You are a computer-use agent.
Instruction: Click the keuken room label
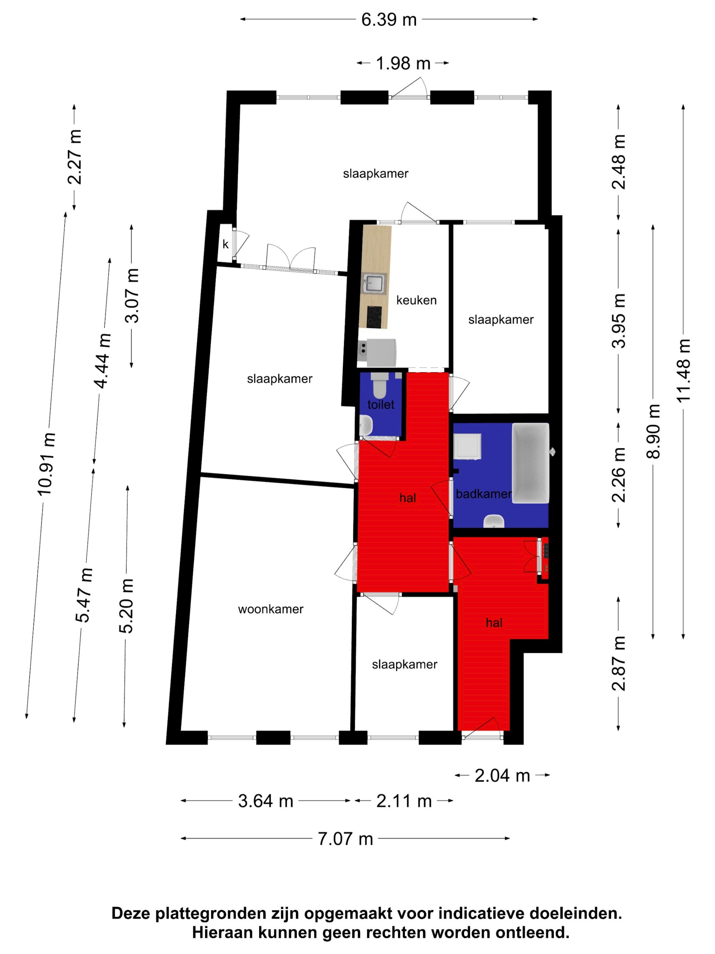point(416,300)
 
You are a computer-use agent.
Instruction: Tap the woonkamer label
point(271,609)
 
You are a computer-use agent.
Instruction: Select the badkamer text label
point(483,494)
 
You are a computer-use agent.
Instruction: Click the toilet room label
point(381,405)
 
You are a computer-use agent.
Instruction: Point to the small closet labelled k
point(225,244)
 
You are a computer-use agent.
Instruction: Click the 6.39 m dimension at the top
point(389,20)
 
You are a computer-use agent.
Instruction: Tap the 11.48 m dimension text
point(684,371)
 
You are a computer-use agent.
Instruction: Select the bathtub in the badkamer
point(531,463)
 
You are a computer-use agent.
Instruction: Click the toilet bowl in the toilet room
point(379,386)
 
